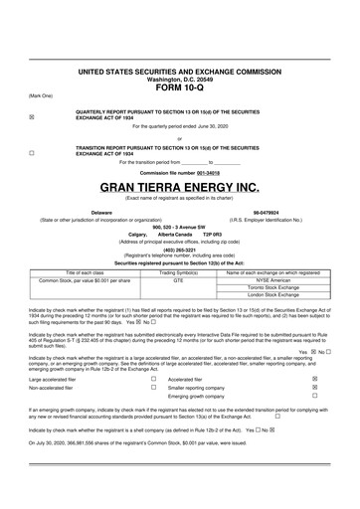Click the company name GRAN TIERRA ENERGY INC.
coord(179,188)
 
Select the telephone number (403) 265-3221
coord(179,251)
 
